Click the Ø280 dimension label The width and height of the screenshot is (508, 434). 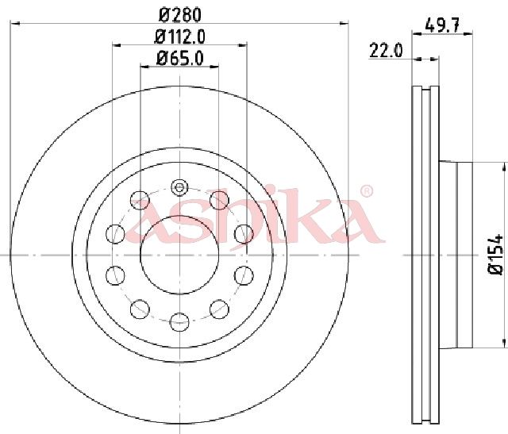[180, 15]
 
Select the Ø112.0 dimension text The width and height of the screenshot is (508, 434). [180, 37]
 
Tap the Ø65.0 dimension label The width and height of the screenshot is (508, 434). [180, 59]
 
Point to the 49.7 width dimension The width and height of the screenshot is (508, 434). [443, 25]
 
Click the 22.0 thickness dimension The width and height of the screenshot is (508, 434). [386, 51]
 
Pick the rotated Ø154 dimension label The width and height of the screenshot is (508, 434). [495, 255]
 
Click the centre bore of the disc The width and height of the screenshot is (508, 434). [179, 255]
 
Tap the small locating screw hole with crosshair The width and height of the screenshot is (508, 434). [179, 187]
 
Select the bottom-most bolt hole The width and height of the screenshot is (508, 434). [179, 322]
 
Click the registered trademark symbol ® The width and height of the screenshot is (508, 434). [367, 191]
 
